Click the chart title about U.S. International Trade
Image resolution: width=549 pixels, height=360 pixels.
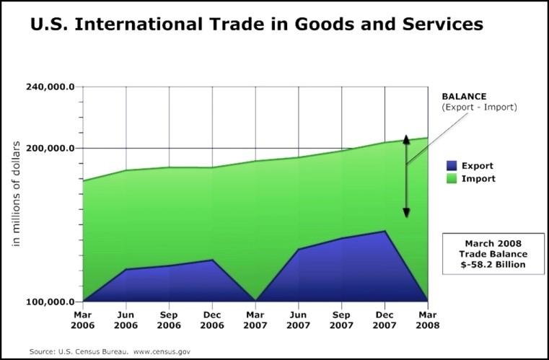[x=256, y=24]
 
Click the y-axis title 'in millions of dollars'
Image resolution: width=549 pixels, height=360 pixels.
[x=15, y=191]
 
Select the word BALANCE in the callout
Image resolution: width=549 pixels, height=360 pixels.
[x=465, y=96]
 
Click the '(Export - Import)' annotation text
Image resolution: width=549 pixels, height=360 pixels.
[x=480, y=107]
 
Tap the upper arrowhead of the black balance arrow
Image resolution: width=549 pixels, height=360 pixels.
[x=406, y=139]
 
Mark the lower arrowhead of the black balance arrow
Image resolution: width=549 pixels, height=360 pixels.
[x=406, y=213]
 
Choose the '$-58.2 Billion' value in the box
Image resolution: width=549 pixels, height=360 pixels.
[x=493, y=265]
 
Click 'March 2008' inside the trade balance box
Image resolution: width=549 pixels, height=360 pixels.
[x=493, y=243]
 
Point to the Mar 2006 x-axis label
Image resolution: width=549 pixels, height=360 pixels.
[x=84, y=320]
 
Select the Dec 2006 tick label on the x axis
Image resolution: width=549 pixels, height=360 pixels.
[x=212, y=320]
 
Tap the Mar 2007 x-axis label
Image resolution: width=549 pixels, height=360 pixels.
[x=255, y=320]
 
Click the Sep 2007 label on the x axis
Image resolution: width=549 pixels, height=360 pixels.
[x=341, y=320]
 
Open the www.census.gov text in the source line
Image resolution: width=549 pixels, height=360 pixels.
[x=162, y=351]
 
